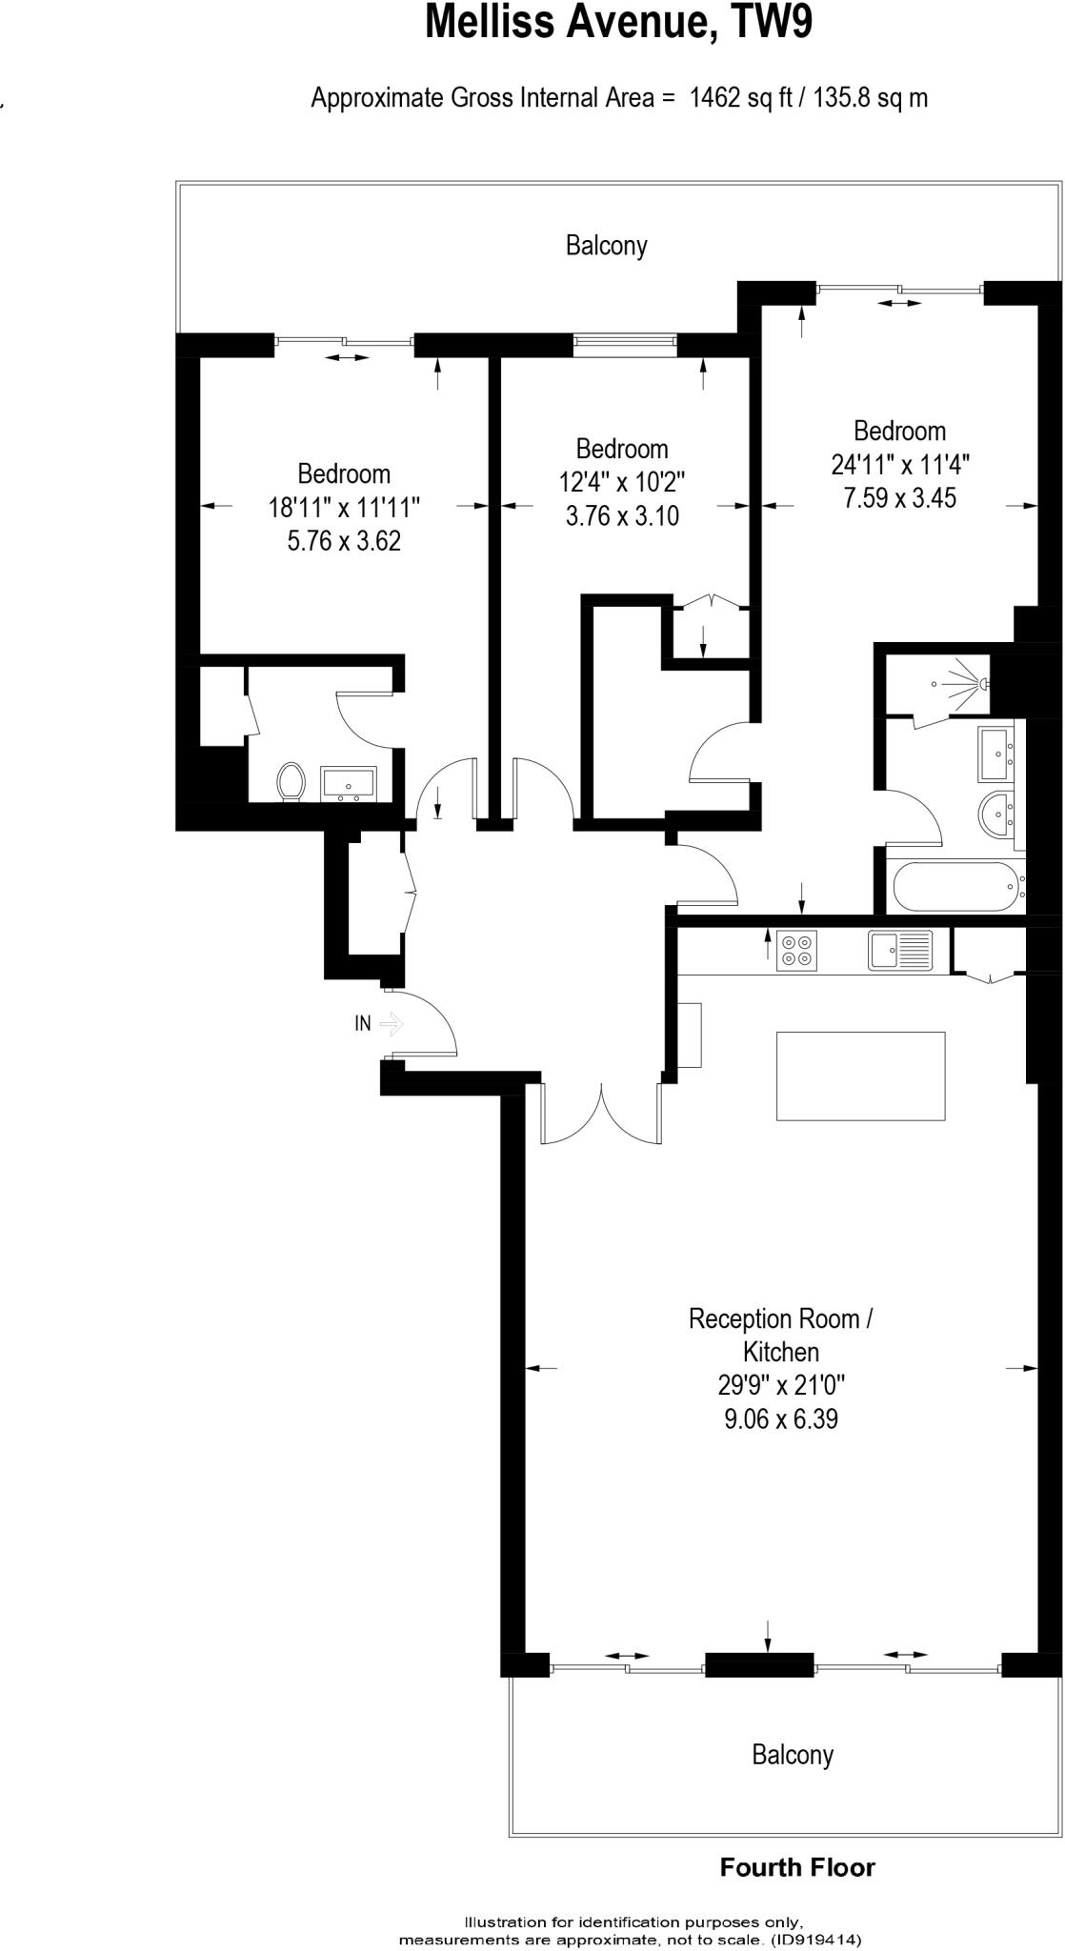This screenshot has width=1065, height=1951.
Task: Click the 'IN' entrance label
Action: pos(363,1024)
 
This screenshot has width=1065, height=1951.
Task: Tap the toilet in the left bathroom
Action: pos(291,782)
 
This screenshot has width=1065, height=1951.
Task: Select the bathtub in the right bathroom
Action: pos(955,887)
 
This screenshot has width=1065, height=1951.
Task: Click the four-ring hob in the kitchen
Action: pos(797,950)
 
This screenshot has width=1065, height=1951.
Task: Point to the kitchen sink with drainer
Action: pos(900,950)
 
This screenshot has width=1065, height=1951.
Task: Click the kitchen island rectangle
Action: pos(860,1076)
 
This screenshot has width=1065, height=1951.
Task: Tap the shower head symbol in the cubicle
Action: pos(980,683)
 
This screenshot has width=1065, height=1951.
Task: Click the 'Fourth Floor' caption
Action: pos(797,1867)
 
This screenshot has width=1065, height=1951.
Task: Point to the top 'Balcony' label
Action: pos(606,246)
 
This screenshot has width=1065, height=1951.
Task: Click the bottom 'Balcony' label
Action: pos(792,1755)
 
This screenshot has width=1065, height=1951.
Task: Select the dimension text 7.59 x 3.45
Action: pos(899,497)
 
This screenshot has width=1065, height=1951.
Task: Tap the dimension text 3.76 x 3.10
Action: pos(622,516)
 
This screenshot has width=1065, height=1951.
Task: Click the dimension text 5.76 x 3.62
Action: pos(344,541)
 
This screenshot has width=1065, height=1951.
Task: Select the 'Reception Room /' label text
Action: pos(780,1319)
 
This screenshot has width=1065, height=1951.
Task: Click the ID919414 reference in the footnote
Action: pos(816,1940)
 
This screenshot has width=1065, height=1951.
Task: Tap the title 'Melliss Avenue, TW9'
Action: pos(618,23)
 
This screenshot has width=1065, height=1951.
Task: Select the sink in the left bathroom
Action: pos(350,782)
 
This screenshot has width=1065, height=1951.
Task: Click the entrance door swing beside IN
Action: pos(429,1024)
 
